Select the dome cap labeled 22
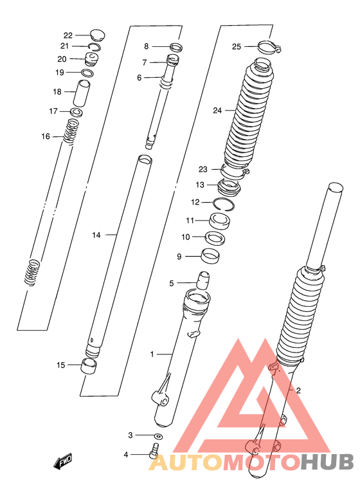coord(98,35)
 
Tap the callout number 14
coord(96,235)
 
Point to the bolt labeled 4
coord(154,450)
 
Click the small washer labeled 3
coord(158,436)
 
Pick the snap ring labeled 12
coord(225,205)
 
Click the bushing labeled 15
coord(89,366)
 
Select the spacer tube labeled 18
coord(82,93)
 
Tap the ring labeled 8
coord(176,47)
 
